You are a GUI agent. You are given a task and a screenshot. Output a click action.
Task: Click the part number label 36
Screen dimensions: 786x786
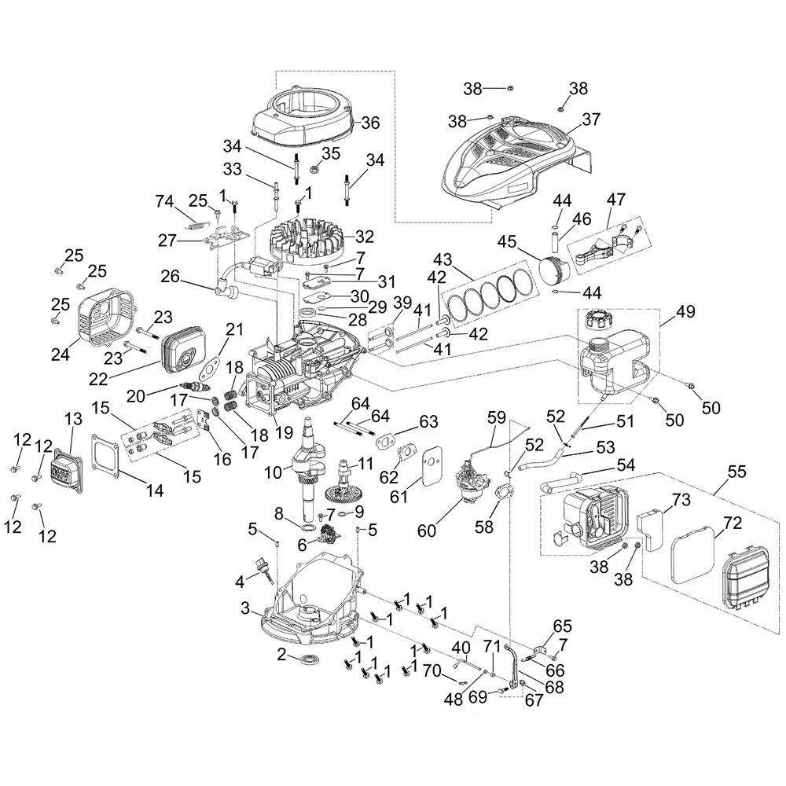(370, 123)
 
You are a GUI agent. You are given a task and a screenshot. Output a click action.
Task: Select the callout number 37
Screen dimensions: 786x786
(590, 119)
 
